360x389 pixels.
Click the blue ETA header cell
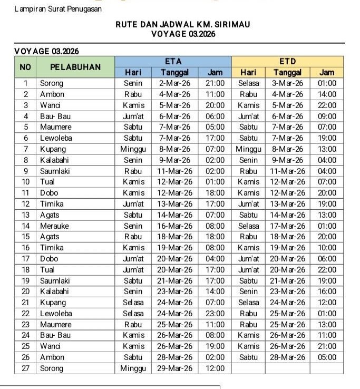coord(173,62)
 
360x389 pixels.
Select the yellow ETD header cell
coord(287,62)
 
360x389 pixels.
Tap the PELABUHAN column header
coord(75,67)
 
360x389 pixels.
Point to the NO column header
coord(25,67)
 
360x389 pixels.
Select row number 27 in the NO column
coord(25,368)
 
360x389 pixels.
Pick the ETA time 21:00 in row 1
coord(215,83)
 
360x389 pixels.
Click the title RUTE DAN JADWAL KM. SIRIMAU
coord(183,24)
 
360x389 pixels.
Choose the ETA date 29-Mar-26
coord(175,368)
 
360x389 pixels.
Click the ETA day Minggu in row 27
coord(133,368)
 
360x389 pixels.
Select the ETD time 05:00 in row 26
coord(327,357)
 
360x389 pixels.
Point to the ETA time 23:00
coord(215,314)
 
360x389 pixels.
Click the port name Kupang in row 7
coord(53,149)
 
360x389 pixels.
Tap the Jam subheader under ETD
coord(327,73)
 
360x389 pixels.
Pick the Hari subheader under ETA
coord(133,73)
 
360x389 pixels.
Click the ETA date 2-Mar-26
coord(175,83)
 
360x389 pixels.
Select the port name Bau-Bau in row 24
coord(55,335)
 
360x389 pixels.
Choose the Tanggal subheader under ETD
coord(288,73)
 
